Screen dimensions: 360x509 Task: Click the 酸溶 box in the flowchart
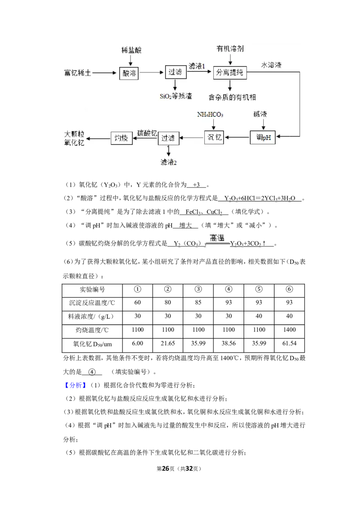tap(129, 73)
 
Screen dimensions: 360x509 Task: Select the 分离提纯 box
tap(229, 72)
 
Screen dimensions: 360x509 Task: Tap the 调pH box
tap(263, 137)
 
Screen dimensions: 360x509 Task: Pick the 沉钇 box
tap(214, 137)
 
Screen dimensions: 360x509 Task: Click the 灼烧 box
tap(121, 138)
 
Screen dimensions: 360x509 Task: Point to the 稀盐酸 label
tap(131, 50)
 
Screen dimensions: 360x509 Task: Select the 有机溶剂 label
tap(230, 49)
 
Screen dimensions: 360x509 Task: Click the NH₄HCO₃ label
tap(210, 115)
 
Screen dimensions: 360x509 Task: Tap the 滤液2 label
tap(168, 162)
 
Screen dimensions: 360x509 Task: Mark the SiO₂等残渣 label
tap(176, 96)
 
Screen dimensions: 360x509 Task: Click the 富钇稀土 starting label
tap(77, 73)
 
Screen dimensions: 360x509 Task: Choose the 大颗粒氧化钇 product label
tap(74, 138)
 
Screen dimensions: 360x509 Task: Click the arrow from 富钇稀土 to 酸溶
tap(104, 73)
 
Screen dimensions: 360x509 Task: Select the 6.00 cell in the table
tap(137, 344)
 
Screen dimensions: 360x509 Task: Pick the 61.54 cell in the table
tap(289, 344)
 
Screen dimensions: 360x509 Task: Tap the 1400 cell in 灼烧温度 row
tap(289, 330)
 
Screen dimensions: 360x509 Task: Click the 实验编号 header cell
tap(92, 290)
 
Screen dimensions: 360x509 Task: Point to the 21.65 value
tap(168, 344)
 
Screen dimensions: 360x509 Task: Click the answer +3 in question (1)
tap(196, 185)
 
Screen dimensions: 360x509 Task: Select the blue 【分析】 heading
tap(75, 385)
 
